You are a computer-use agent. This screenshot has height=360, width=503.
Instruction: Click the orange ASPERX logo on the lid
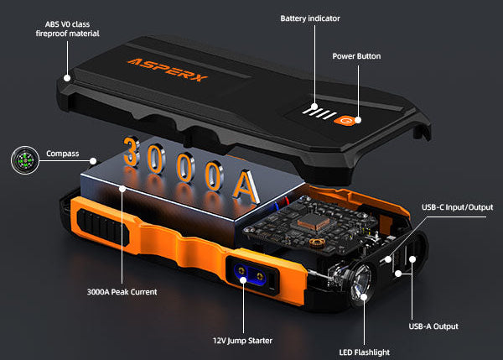pyautogui.click(x=168, y=70)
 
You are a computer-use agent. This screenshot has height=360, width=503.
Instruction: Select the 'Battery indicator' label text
pyautogui.click(x=310, y=18)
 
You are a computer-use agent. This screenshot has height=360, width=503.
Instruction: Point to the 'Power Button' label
pyautogui.click(x=356, y=56)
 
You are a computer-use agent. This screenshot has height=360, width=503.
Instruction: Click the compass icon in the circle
pyautogui.click(x=25, y=160)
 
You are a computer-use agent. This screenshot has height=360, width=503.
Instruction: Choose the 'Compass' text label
pyautogui.click(x=63, y=154)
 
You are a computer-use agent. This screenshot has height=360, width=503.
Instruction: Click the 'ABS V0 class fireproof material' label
pyautogui.click(x=67, y=29)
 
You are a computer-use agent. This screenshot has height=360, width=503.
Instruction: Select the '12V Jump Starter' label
pyautogui.click(x=242, y=341)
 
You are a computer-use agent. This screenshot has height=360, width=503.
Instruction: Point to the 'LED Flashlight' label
pyautogui.click(x=365, y=352)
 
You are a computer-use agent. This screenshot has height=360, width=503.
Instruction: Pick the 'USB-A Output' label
pyautogui.click(x=433, y=326)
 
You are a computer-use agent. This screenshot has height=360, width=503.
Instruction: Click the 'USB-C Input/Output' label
pyautogui.click(x=457, y=207)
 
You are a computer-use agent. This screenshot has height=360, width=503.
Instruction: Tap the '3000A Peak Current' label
pyautogui.click(x=122, y=292)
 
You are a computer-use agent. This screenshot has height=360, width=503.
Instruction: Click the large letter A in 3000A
pyautogui.click(x=246, y=187)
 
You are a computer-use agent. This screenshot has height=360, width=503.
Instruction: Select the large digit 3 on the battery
pyautogui.click(x=132, y=152)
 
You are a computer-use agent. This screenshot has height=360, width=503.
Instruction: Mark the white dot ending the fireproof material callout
pyautogui.click(x=67, y=78)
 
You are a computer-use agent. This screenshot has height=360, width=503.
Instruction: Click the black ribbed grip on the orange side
pyautogui.click(x=102, y=226)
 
